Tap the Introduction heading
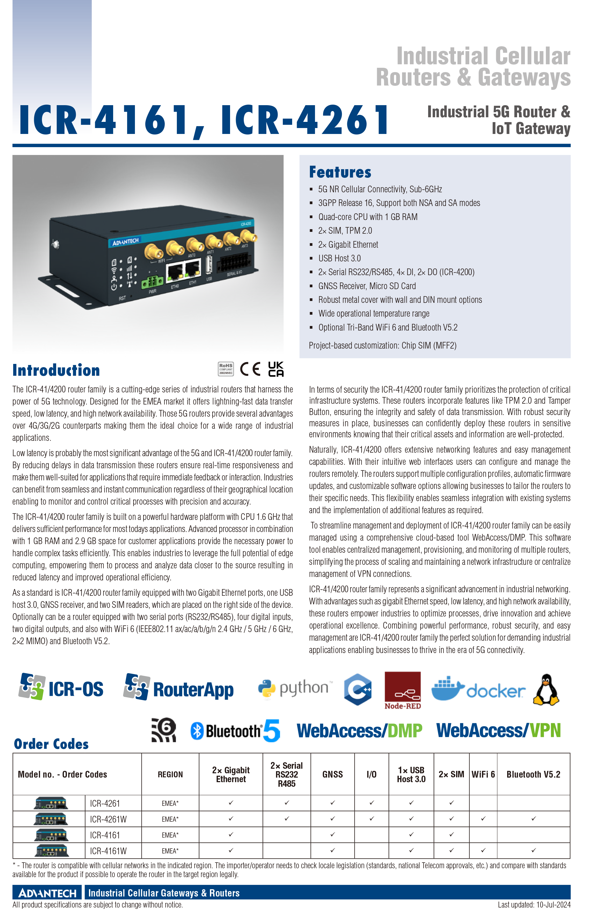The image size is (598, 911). pyautogui.click(x=56, y=370)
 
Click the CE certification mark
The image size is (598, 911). pyautogui.click(x=250, y=369)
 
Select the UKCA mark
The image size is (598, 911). pyautogui.click(x=276, y=369)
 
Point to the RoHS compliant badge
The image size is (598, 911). pyautogui.click(x=226, y=369)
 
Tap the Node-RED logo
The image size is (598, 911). pyautogui.click(x=403, y=690)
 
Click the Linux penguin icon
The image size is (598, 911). pyautogui.click(x=546, y=690)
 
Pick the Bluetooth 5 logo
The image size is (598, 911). pyautogui.click(x=235, y=731)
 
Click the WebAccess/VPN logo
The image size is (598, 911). pyautogui.click(x=499, y=730)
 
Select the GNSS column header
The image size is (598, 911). pyautogui.click(x=332, y=774)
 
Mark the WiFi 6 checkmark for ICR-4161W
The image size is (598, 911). pyautogui.click(x=483, y=850)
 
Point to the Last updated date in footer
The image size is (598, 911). pyautogui.click(x=534, y=905)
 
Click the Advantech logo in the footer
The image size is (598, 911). pyautogui.click(x=48, y=893)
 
